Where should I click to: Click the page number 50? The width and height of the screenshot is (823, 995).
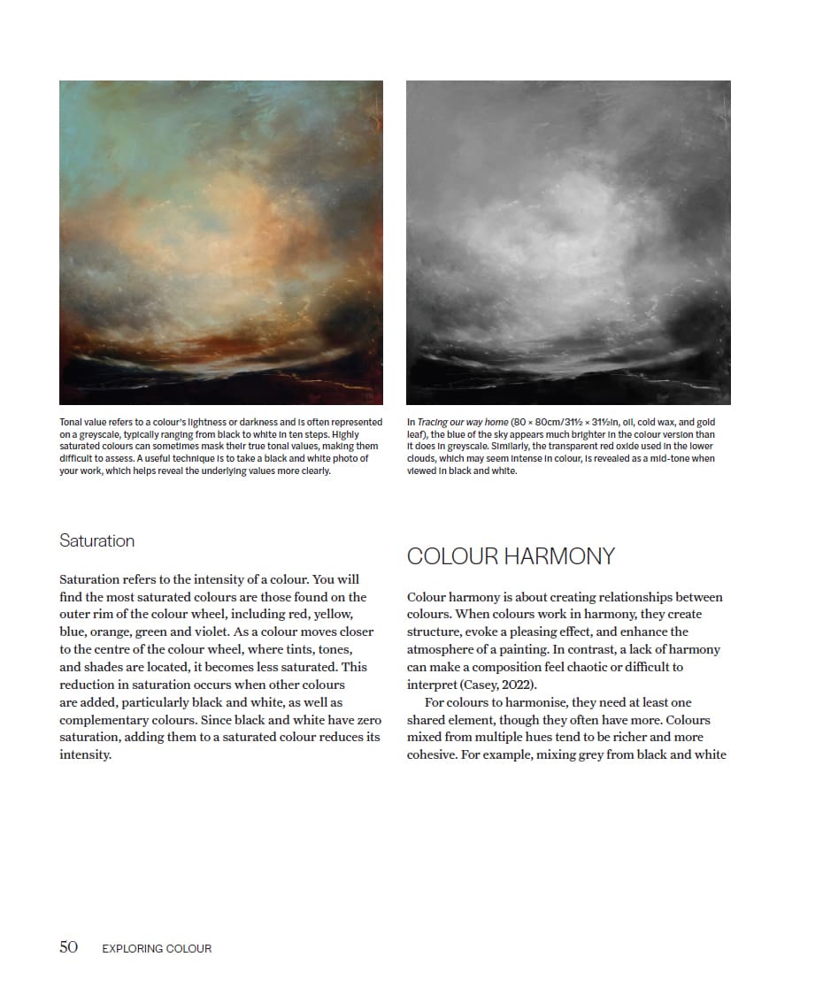(x=69, y=947)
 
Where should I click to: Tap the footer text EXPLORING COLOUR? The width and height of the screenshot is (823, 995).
(x=157, y=948)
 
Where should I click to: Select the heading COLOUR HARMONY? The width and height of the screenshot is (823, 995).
(x=511, y=556)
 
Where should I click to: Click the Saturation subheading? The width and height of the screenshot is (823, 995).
(x=96, y=540)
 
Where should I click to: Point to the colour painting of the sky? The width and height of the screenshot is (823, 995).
(x=221, y=242)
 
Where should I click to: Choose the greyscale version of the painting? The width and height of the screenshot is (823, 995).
(x=568, y=242)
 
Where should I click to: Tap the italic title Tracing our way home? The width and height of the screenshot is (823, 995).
(x=463, y=423)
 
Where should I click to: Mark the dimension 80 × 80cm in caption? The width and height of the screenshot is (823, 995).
(x=540, y=423)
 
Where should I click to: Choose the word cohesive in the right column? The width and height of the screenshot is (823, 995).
(x=435, y=755)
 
